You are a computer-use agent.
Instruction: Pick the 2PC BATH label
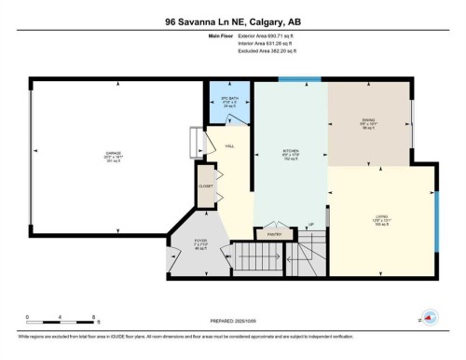click(x=225, y=99)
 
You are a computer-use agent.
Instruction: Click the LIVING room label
click(x=382, y=216)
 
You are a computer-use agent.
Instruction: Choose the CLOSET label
click(x=206, y=187)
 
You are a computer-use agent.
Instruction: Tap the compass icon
click(x=430, y=315)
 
